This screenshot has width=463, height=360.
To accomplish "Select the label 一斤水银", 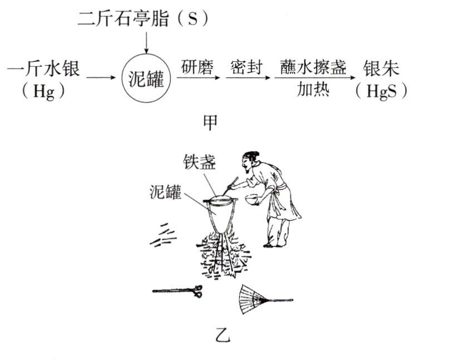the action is pos(44,70).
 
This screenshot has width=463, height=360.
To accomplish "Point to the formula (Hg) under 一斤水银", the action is pos(43,91).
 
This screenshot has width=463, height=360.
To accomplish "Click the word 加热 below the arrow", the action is pos(313,90).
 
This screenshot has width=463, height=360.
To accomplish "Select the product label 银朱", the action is pos(381,70).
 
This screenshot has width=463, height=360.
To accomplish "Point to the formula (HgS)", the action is pos(381,91).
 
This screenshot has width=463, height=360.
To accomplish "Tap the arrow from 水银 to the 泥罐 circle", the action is pos(100,79).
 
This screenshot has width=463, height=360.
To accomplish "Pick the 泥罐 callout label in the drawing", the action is pos(165,192).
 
